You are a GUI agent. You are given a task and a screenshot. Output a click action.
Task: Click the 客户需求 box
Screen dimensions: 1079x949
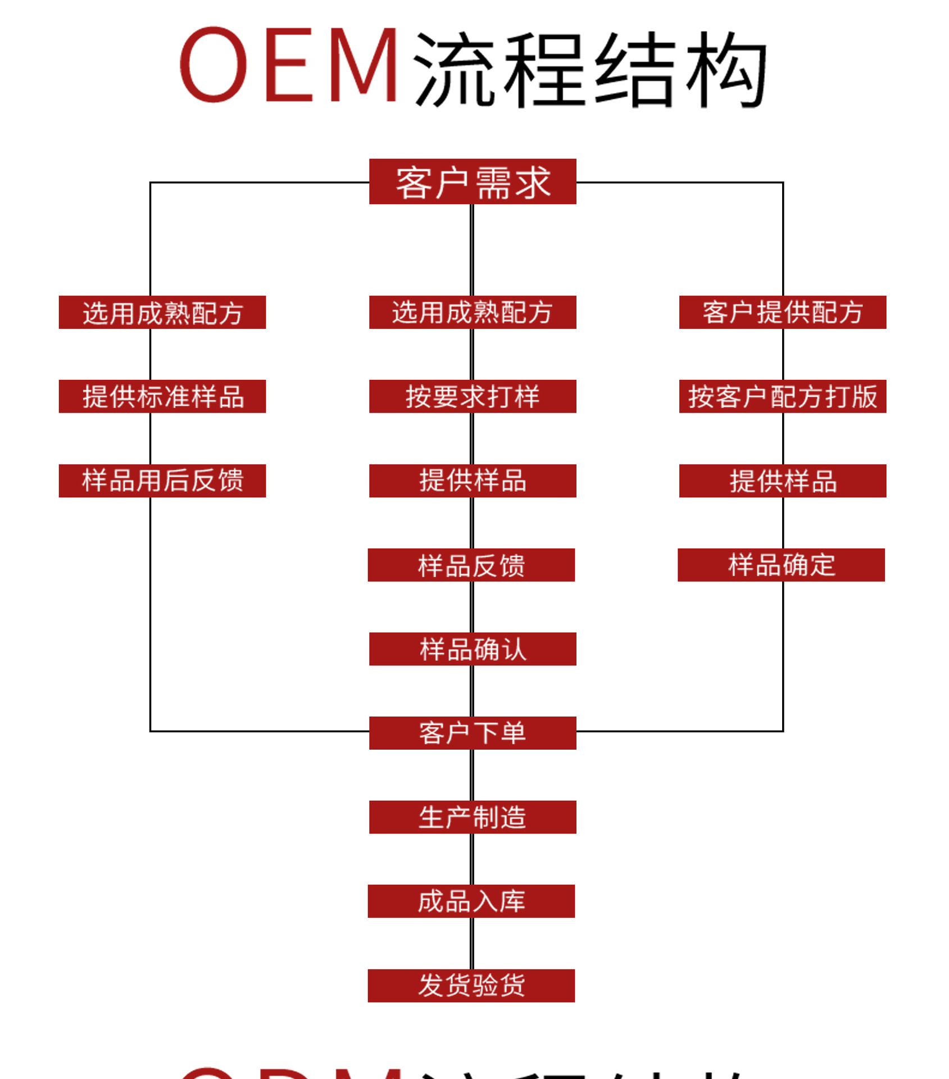473,182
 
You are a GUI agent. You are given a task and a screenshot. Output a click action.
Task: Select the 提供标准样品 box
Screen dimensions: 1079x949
162,396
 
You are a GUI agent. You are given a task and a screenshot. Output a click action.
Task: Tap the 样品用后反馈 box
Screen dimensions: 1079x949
162,480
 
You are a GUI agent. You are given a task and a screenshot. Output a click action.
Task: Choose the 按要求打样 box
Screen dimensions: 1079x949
473,396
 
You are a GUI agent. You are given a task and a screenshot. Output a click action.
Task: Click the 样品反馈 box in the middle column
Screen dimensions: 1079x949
471,565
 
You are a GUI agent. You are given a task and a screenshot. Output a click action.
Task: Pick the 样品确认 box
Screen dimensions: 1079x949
473,649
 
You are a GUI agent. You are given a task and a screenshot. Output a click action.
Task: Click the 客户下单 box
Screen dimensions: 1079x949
473,733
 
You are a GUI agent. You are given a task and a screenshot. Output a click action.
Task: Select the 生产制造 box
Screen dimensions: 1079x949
473,817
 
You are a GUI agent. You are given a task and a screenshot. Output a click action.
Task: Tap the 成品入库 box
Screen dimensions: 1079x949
471,901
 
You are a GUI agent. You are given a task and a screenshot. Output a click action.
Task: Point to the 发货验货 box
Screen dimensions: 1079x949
471,986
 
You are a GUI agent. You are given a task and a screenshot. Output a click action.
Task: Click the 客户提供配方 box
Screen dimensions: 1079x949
783,312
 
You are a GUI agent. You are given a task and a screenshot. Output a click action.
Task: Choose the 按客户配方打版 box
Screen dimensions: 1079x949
783,396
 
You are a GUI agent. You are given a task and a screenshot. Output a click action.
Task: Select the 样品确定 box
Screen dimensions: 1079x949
781,565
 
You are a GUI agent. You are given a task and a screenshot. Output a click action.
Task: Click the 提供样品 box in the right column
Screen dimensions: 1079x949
783,480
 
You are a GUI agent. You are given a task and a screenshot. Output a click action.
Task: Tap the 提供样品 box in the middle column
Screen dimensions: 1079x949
473,480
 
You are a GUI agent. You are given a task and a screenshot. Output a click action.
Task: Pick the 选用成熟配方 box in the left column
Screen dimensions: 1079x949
162,312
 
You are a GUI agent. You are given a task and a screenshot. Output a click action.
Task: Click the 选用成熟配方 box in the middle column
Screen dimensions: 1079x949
473,312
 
